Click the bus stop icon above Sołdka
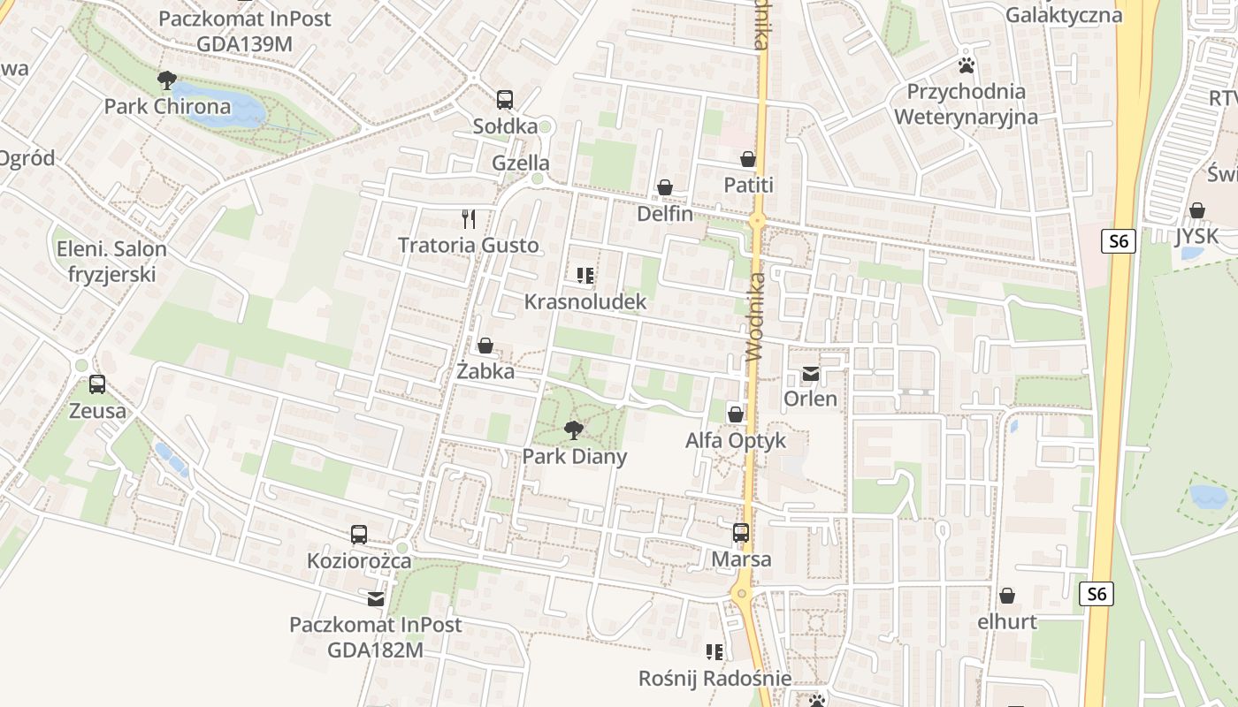point(505,100)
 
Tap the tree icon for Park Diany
point(573,430)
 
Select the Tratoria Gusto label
point(468,245)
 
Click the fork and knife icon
point(469,218)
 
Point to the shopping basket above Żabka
point(485,345)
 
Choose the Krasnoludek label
point(585,302)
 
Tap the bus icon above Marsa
point(741,533)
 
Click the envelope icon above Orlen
point(810,374)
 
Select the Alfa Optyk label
point(736,440)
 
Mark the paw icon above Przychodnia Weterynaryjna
point(966,65)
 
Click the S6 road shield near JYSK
point(1119,241)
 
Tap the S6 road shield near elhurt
point(1097,594)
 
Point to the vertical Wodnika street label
point(754,316)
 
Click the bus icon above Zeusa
point(97,384)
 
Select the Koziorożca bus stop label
point(359,561)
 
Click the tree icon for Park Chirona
point(166,81)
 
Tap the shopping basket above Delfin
point(665,187)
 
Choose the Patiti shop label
point(748,185)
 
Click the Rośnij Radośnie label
point(715,679)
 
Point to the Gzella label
point(521,163)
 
